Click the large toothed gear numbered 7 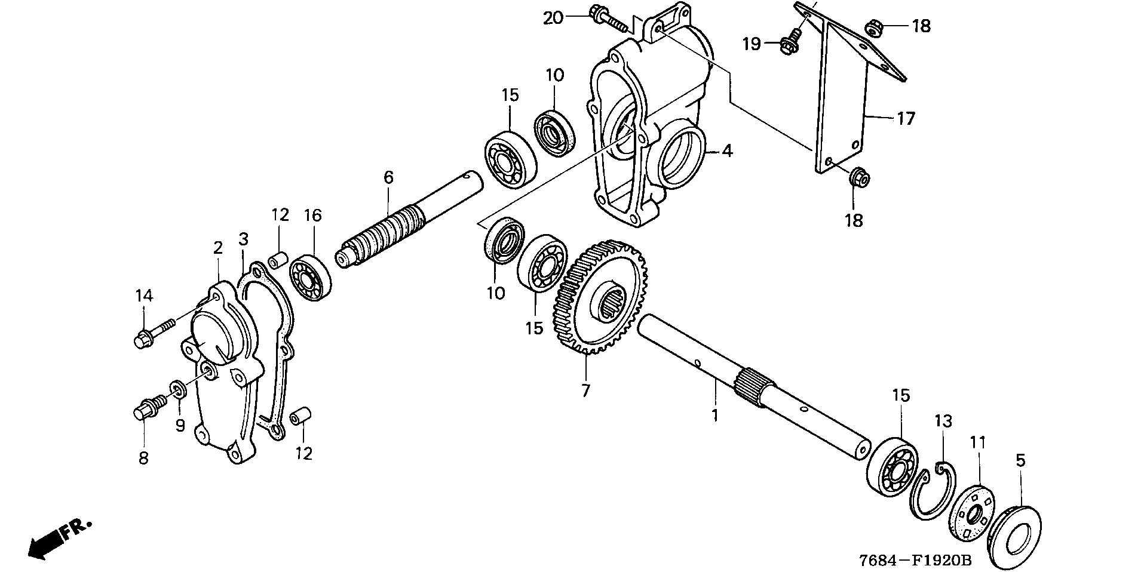(x=603, y=299)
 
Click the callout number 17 (x=906, y=119)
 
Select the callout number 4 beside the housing (x=726, y=151)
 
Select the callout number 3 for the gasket (x=243, y=239)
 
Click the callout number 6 (x=388, y=177)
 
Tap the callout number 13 (x=943, y=421)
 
